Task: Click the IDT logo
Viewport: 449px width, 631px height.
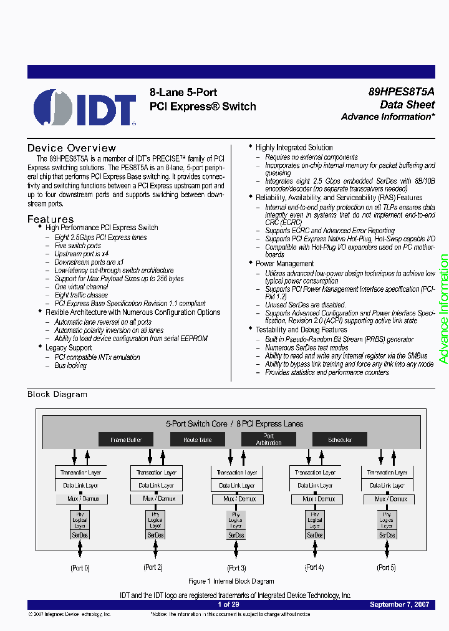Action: point(85,107)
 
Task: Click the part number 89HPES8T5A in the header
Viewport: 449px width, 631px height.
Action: point(401,91)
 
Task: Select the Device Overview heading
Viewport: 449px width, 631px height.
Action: point(72,148)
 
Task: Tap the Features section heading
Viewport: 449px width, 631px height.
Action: point(51,219)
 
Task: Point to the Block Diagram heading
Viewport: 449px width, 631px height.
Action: point(57,394)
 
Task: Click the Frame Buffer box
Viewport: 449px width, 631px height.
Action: point(126,440)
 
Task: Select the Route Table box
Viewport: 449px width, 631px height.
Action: point(198,440)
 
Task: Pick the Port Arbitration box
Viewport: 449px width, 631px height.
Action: point(269,440)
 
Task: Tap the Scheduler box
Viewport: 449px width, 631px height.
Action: point(340,440)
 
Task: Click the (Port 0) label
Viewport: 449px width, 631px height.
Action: point(80,567)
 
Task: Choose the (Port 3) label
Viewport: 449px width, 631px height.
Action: point(236,567)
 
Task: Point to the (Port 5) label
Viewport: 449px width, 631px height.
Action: point(387,567)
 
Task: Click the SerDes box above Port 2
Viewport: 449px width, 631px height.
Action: point(156,535)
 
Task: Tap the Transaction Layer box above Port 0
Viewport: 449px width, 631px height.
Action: point(80,473)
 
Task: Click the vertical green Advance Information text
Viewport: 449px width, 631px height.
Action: point(443,309)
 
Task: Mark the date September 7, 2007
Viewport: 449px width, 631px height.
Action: point(399,605)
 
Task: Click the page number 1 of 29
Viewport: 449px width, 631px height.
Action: point(229,605)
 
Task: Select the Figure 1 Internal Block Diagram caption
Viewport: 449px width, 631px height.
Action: point(231,581)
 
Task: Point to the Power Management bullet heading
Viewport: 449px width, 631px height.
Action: point(284,264)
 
